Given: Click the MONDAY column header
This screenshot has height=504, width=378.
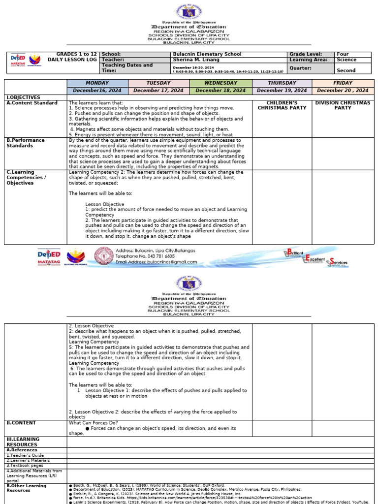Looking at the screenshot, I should pos(97,83).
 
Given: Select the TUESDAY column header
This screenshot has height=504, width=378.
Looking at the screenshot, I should pos(158,83).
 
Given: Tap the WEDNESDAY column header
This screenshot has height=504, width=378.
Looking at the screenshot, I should pos(220,83).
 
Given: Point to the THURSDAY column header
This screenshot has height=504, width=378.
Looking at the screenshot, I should pos(282,83).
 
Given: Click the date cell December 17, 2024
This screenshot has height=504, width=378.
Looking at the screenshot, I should pos(158,91).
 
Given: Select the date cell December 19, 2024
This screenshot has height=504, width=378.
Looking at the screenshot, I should pos(282,91).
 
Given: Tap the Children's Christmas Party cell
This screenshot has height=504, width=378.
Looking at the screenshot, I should pos(282,105).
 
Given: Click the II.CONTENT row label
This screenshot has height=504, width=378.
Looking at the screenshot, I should pos(21,423).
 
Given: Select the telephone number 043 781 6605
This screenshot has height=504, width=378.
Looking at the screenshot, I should pos(157,256).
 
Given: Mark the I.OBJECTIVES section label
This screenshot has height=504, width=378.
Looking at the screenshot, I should pos(23,97).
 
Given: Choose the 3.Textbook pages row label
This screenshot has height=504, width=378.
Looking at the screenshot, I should pos(25,465).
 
